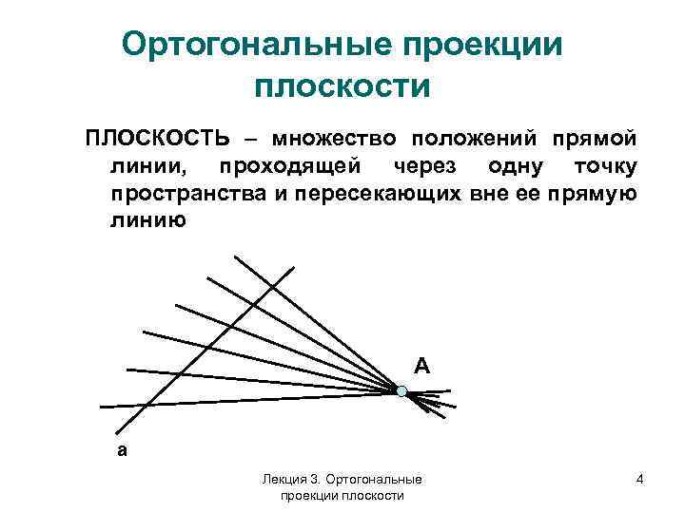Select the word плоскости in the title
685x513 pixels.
coord(342,86)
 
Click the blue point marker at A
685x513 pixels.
coord(401,390)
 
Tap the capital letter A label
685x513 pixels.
coord(421,365)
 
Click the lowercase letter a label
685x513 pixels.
coord(121,451)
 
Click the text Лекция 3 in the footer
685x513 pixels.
coord(288,481)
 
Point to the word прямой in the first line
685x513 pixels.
coord(591,138)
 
